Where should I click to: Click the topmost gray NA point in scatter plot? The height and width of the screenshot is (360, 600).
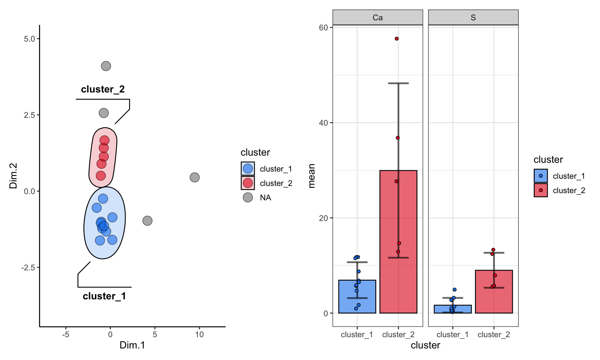106,66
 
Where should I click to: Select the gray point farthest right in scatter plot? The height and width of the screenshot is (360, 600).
195,177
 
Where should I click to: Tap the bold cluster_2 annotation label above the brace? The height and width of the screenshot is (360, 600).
103,89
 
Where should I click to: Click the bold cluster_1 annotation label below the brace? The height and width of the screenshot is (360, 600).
104,296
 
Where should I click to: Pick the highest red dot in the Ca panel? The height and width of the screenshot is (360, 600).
397,39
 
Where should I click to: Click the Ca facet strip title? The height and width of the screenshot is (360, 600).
377,17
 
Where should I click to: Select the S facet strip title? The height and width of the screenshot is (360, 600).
473,17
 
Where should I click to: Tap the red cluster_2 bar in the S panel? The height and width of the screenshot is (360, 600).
494,297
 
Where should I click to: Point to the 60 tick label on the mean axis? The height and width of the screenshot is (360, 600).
323,27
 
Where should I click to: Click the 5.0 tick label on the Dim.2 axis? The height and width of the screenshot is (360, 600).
29,39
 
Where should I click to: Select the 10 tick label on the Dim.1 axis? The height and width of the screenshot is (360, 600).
199,335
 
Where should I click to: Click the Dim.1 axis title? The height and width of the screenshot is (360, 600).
132,345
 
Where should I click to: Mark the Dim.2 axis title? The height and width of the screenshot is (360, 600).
13,176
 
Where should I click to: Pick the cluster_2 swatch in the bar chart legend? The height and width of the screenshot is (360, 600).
541,190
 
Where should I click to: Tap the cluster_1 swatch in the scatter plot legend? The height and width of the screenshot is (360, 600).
248,169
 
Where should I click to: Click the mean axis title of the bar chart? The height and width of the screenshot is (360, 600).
312,176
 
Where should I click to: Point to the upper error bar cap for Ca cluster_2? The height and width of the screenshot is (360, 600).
398,83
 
